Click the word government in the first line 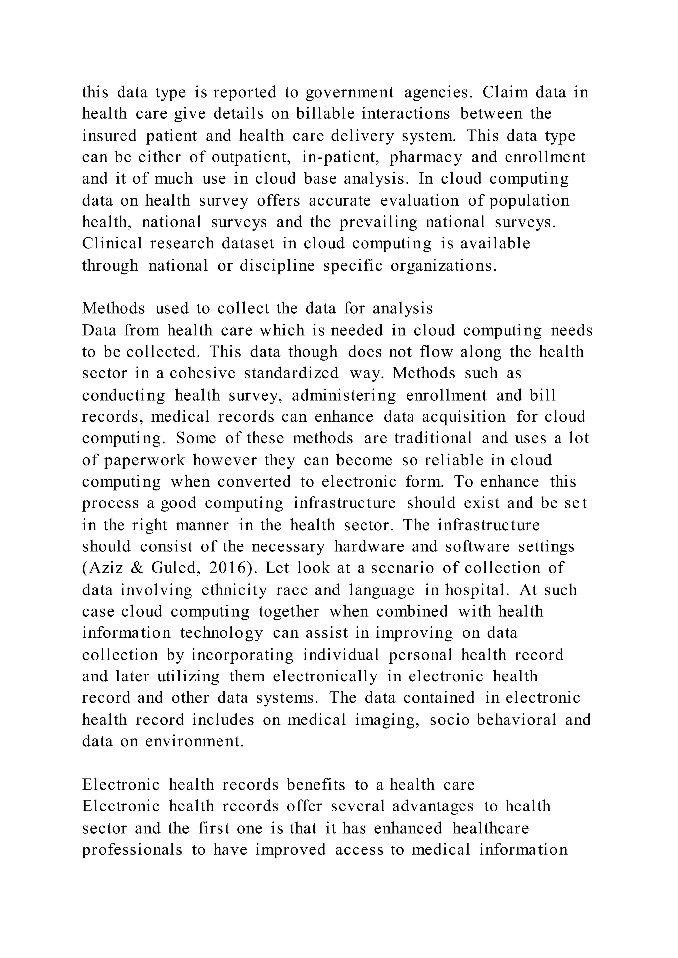pos(350,92)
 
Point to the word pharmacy pos(425,157)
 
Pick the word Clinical pos(112,244)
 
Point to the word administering pos(344,395)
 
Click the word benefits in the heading pos(315,784)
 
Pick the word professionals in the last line pos(132,849)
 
